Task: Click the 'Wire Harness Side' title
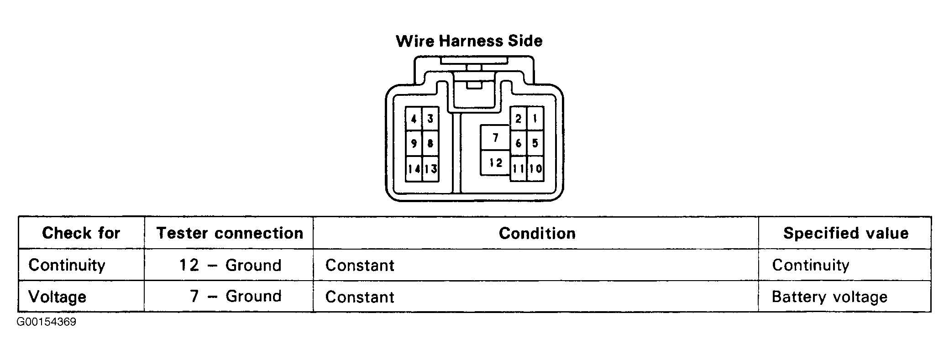coord(469,41)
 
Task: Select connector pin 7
coord(495,137)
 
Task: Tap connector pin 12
coord(495,162)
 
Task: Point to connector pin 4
coord(414,119)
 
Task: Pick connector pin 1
coord(535,119)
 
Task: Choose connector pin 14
coord(414,169)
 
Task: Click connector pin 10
coord(535,169)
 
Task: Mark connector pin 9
coord(414,144)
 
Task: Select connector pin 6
coord(519,144)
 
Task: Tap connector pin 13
coord(430,169)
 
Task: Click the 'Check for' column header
coord(81,233)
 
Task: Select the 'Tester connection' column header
coord(230,233)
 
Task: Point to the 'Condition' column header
coord(537,233)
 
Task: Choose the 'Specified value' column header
coord(846,233)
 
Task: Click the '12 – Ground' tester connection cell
coord(230,265)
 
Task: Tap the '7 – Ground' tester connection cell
coord(236,296)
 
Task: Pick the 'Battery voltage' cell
coord(829,297)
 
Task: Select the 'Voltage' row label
coord(57,297)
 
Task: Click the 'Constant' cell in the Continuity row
coord(360,265)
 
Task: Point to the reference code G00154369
coord(47,322)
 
